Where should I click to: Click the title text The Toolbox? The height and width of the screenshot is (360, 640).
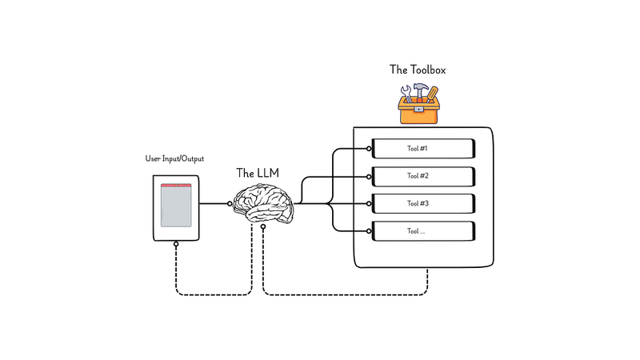pos(418,70)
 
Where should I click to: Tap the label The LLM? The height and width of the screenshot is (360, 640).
pos(258,173)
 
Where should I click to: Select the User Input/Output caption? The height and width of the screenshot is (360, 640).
pos(175,160)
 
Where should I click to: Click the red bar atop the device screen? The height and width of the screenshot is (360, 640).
pos(176,186)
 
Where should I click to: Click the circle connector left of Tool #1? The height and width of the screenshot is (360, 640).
pos(370,149)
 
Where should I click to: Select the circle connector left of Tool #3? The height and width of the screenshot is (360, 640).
pos(370,204)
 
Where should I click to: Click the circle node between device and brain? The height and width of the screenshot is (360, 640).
pos(231,204)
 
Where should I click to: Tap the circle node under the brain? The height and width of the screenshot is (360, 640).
pos(262,228)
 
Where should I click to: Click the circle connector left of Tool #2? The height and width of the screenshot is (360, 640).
pos(370,176)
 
